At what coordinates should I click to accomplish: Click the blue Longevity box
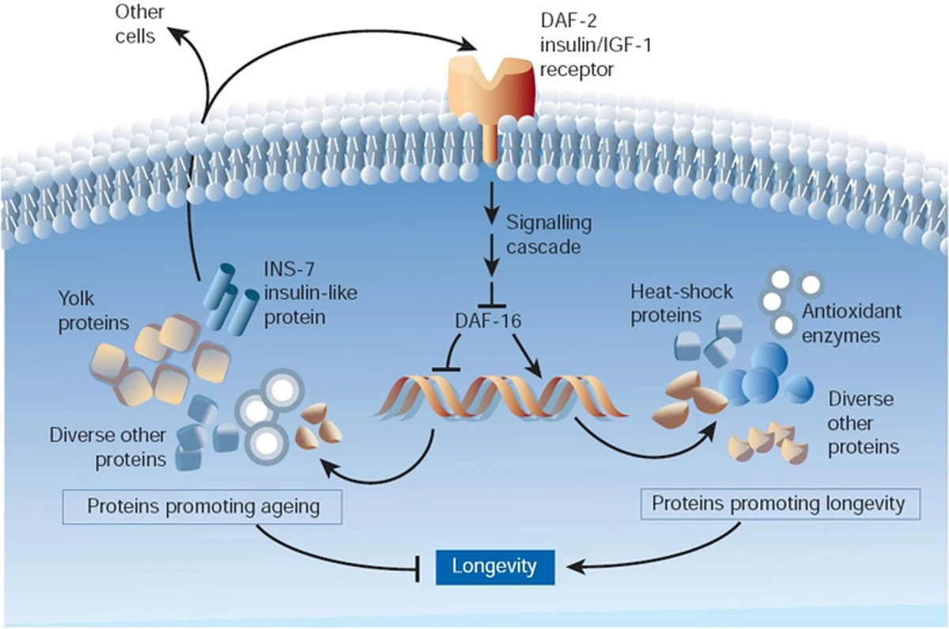494,566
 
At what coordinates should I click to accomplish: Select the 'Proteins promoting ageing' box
203,506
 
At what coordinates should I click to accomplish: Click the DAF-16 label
487,321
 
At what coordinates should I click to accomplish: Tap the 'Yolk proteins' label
94,309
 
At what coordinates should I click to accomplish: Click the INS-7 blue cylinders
231,301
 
